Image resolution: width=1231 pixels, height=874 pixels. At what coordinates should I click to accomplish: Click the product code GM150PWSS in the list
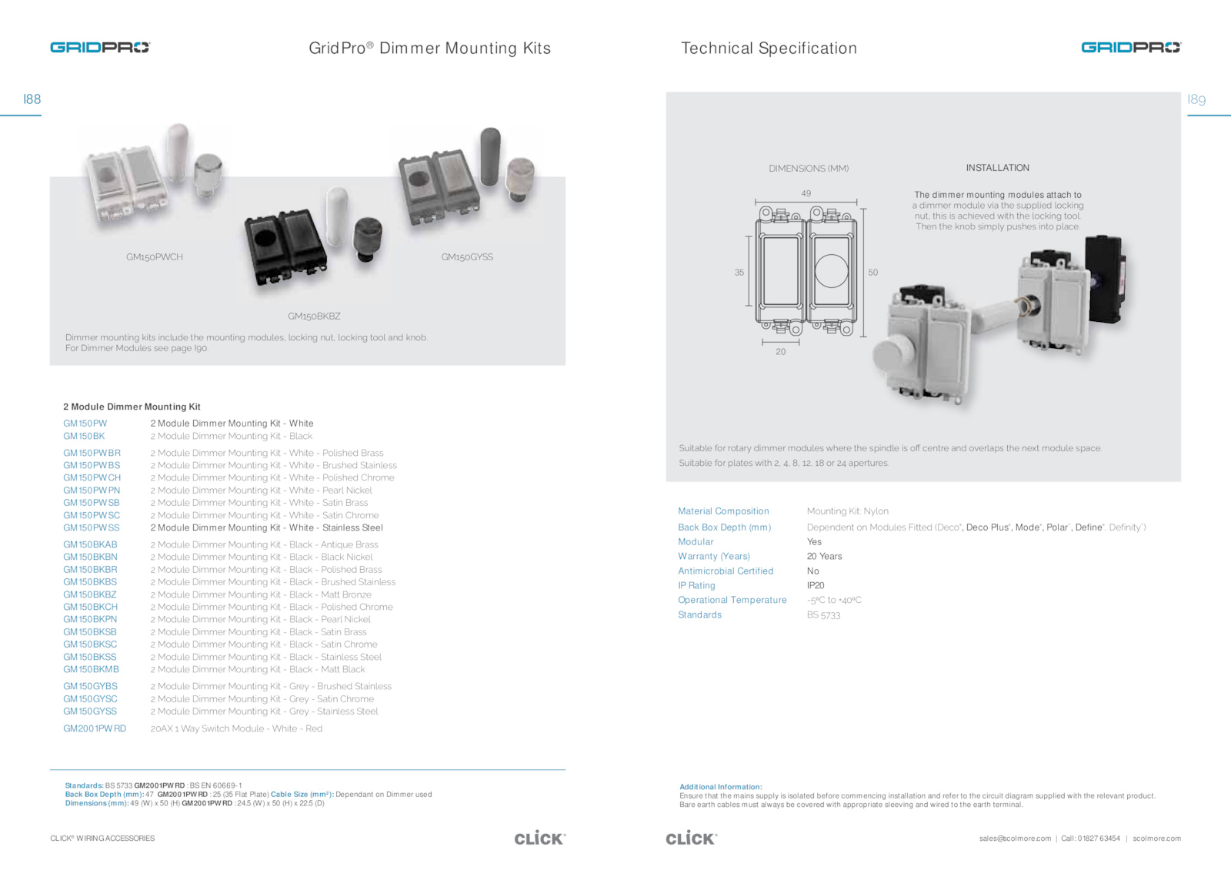tap(92, 528)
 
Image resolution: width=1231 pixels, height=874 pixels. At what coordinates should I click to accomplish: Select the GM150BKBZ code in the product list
tap(90, 594)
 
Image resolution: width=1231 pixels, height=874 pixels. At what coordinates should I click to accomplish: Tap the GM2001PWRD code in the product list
tap(95, 728)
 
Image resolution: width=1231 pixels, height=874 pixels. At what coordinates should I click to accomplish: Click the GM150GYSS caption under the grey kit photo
tap(467, 257)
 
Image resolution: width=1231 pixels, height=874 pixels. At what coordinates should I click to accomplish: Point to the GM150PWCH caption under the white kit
tap(155, 257)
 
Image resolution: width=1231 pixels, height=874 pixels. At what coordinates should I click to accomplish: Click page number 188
tap(32, 99)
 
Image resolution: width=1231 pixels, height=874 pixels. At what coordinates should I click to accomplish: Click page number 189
tap(1196, 99)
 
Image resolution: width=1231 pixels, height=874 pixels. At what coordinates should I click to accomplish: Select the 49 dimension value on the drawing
tap(806, 193)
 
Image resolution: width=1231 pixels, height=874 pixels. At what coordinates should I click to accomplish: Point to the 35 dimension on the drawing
tap(739, 273)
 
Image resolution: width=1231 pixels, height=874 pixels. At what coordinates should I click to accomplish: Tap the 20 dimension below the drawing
tap(781, 352)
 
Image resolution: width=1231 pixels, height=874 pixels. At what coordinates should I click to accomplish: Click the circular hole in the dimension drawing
tap(832, 271)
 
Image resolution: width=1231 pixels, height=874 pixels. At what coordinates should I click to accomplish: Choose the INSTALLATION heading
tap(997, 168)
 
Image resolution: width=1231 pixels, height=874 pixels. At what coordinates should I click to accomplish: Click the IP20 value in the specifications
tap(816, 586)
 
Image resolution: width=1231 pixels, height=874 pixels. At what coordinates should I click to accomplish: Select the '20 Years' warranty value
tap(824, 557)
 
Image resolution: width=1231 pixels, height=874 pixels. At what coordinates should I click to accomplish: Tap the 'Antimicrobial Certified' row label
tap(726, 571)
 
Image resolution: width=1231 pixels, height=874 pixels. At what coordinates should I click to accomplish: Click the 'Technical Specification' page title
tap(769, 49)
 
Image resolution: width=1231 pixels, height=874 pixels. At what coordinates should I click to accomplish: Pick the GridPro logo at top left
tap(100, 48)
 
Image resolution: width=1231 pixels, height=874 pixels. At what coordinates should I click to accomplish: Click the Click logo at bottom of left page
tap(539, 838)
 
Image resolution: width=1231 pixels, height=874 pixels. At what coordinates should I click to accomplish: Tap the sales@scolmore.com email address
tap(1015, 839)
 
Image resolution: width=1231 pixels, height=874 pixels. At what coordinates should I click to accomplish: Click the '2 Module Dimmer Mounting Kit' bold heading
tap(132, 407)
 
